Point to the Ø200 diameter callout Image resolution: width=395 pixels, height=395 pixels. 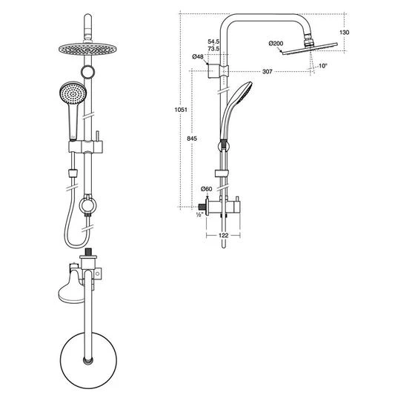276,44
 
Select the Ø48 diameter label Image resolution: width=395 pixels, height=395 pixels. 198,57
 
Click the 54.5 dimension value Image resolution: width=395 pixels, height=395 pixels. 213,42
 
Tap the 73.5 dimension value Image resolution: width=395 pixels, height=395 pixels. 213,48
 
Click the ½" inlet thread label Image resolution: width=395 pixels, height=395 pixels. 199,214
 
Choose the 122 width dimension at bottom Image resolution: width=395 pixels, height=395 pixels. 223,235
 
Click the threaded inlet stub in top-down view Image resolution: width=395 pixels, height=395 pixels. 90,254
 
